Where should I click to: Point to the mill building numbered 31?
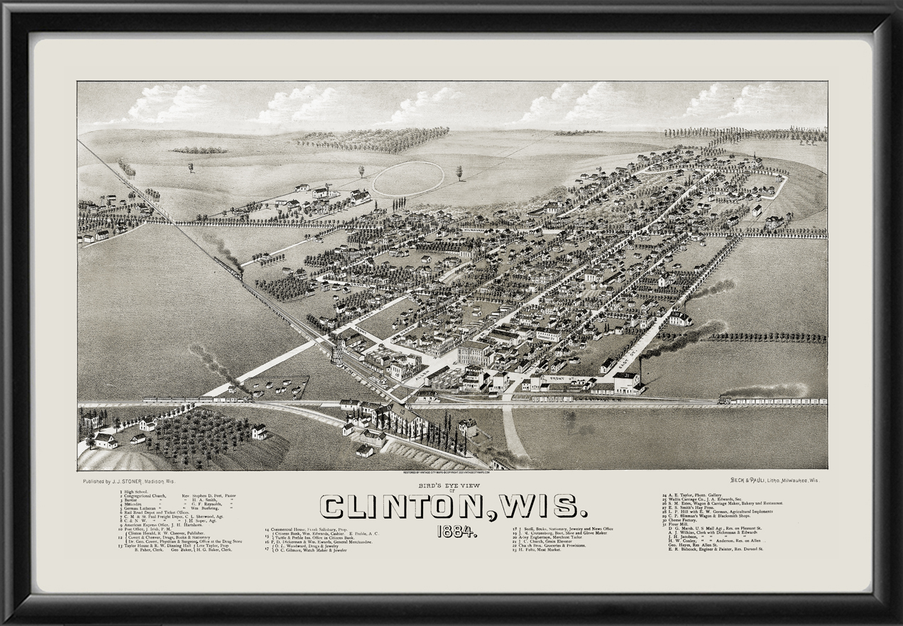pyautogui.click(x=627, y=381)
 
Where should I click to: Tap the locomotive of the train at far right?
pyautogui.click(x=726, y=400)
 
